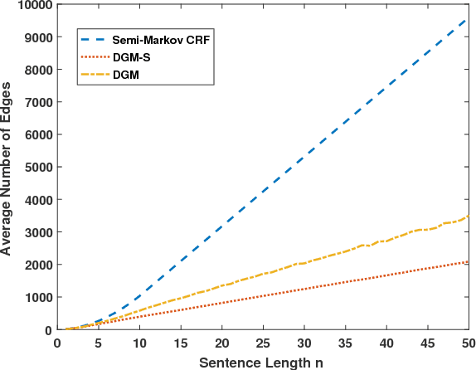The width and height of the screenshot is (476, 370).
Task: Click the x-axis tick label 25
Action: pos(263,343)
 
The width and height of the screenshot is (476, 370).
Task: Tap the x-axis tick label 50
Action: pos(468,343)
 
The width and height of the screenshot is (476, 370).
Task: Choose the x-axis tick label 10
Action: pos(139,343)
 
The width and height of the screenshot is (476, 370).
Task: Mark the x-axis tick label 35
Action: pos(344,343)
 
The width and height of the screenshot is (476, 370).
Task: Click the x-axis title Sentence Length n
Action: pos(262,361)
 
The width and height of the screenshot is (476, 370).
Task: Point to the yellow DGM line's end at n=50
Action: pos(468,217)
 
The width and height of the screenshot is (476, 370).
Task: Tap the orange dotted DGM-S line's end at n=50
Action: pos(468,262)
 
